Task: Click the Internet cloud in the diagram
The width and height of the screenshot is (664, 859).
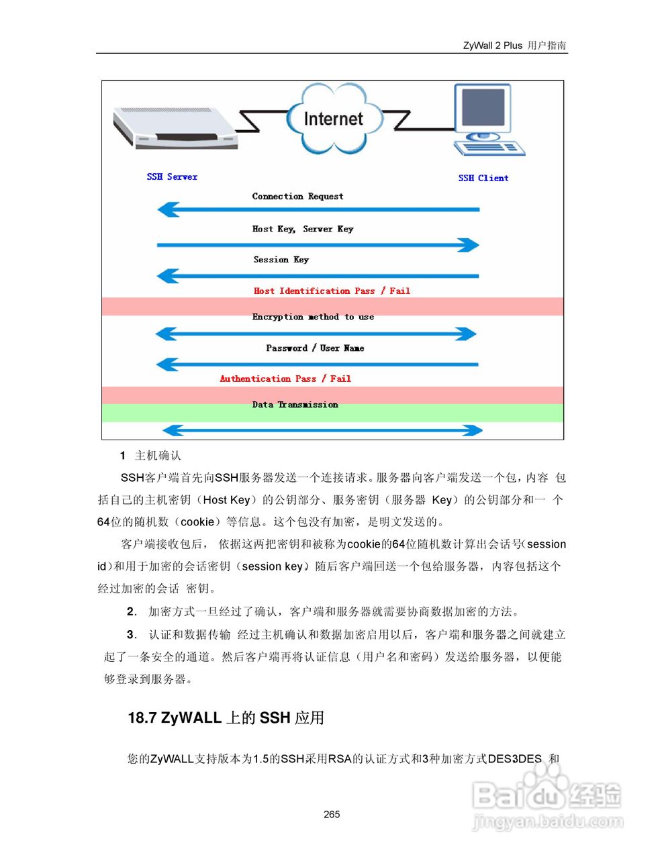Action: click(333, 119)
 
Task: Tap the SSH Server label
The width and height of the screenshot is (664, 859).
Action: click(172, 176)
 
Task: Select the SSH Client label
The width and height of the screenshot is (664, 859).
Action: click(483, 178)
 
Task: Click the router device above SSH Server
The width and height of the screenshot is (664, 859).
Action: click(175, 128)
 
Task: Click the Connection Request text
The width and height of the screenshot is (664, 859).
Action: click(297, 196)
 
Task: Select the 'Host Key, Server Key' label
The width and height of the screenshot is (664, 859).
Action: click(302, 229)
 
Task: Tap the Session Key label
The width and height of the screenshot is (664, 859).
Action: click(281, 260)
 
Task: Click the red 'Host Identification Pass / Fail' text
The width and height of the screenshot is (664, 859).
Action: click(332, 291)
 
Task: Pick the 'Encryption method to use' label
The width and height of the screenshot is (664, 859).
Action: click(313, 317)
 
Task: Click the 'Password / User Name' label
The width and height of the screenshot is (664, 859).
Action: click(315, 348)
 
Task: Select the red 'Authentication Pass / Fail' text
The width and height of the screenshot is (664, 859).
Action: click(285, 378)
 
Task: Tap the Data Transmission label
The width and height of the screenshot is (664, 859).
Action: click(295, 405)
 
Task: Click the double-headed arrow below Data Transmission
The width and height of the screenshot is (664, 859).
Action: click(322, 430)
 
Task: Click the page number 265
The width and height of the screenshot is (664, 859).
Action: click(332, 814)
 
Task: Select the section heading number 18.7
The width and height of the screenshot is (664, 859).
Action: click(142, 718)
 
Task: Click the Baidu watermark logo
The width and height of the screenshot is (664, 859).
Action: click(547, 799)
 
